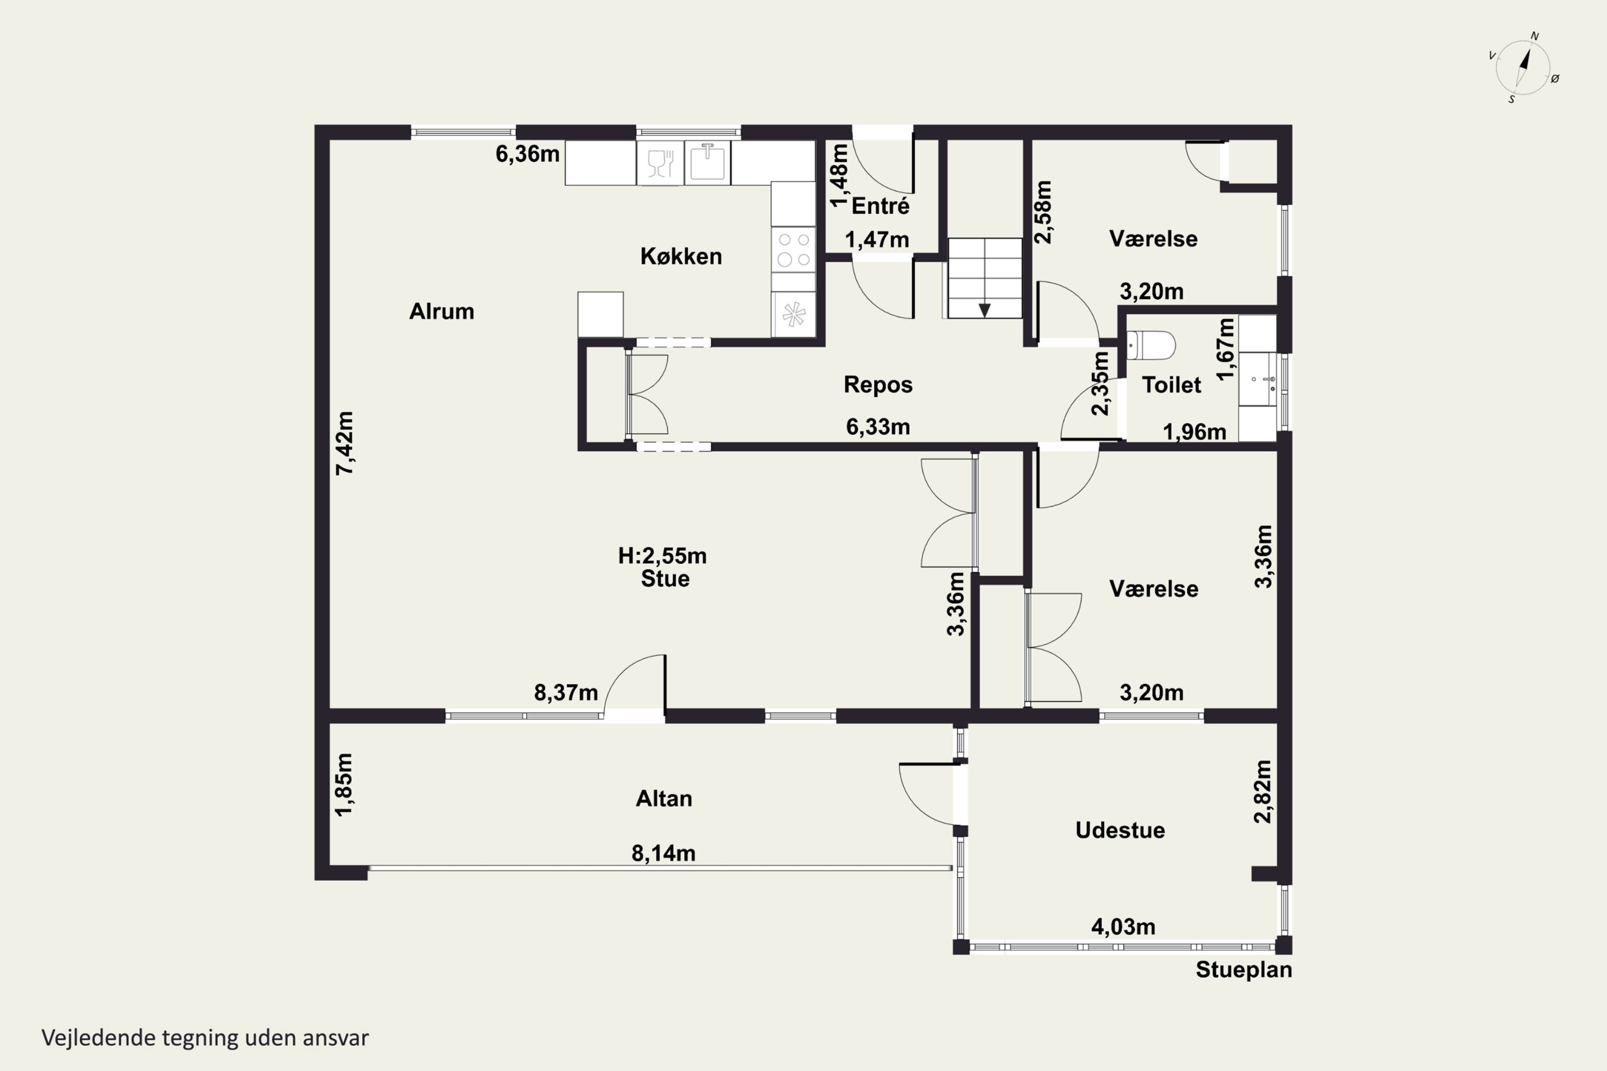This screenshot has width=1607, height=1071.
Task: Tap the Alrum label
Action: tap(441, 312)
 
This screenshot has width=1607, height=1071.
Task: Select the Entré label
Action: tap(880, 206)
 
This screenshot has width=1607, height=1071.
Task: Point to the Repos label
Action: tap(878, 384)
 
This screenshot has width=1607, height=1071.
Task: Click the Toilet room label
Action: tap(1171, 384)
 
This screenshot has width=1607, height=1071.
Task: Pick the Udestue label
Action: tap(1120, 830)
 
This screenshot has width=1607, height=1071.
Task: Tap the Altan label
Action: tap(664, 798)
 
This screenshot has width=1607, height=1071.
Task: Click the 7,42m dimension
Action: tap(345, 443)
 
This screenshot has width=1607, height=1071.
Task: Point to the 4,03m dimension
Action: tap(1123, 927)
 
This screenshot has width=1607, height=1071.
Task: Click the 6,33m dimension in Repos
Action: tap(877, 427)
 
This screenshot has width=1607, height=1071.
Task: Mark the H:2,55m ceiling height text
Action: tap(662, 556)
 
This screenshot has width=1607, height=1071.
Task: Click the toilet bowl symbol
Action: tap(1151, 345)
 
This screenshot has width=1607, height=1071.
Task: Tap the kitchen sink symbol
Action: tap(707, 163)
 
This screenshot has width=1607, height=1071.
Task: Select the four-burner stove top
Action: tap(793, 250)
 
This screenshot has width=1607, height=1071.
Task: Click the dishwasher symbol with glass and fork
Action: tap(660, 163)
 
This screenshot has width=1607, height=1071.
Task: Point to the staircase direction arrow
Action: tap(985, 310)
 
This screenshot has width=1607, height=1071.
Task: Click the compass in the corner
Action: tap(1523, 67)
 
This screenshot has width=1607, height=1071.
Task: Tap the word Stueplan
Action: tap(1243, 970)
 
